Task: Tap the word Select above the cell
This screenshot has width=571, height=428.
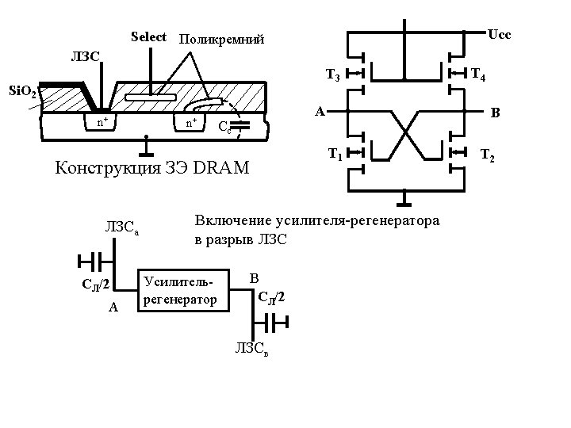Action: click(148, 36)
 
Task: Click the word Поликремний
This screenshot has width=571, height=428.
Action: click(221, 39)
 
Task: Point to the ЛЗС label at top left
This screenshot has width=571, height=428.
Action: click(85, 56)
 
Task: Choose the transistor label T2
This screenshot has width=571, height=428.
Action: click(488, 157)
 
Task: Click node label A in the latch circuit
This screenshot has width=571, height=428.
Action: click(318, 112)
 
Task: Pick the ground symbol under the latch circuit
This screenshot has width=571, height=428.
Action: click(405, 195)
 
